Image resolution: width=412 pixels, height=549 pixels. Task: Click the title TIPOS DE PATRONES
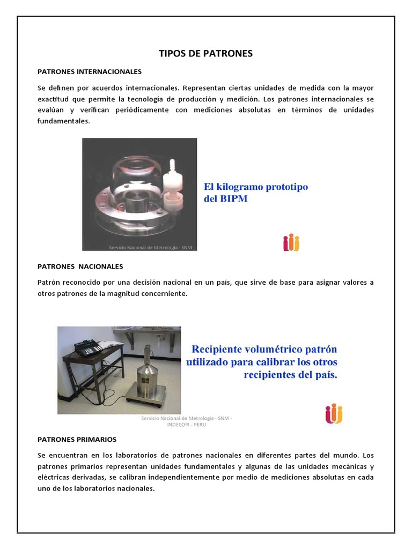[205, 54]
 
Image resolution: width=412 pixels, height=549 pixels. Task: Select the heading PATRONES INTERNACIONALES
[89, 71]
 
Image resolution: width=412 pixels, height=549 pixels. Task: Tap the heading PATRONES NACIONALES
[80, 266]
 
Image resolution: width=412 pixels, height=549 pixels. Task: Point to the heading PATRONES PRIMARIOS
[77, 439]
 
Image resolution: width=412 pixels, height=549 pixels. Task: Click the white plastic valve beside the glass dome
[173, 183]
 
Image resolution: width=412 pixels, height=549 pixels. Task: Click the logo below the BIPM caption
[291, 242]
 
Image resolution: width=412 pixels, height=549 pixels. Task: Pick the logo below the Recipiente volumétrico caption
[334, 413]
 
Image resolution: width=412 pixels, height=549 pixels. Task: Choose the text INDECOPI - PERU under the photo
[187, 424]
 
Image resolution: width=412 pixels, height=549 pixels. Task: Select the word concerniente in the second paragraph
[160, 294]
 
